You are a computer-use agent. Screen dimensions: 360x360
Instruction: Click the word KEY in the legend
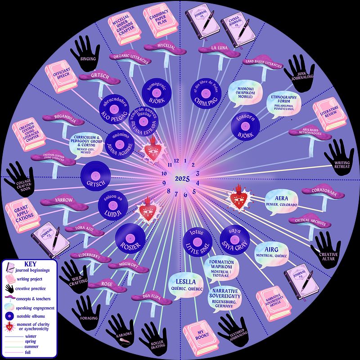tap(30, 264)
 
